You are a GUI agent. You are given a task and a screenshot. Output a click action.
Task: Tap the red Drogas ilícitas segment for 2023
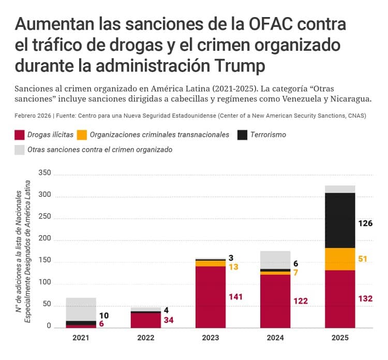[x=211, y=296]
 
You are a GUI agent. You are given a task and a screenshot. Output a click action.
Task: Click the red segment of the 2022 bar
[x=145, y=320]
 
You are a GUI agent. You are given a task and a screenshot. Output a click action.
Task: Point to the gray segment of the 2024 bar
[x=275, y=260]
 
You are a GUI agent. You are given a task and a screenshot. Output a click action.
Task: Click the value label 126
[x=365, y=224]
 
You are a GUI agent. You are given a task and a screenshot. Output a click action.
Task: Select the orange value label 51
[x=362, y=258]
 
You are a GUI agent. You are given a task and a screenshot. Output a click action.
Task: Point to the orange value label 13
[x=233, y=267]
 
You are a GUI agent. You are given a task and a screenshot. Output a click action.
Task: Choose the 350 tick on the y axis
[x=45, y=173]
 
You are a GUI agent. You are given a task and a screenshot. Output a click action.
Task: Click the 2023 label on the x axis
[x=211, y=337]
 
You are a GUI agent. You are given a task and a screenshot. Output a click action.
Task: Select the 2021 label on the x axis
[x=81, y=337]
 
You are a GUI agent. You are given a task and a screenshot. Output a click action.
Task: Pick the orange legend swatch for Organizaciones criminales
[x=82, y=135]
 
